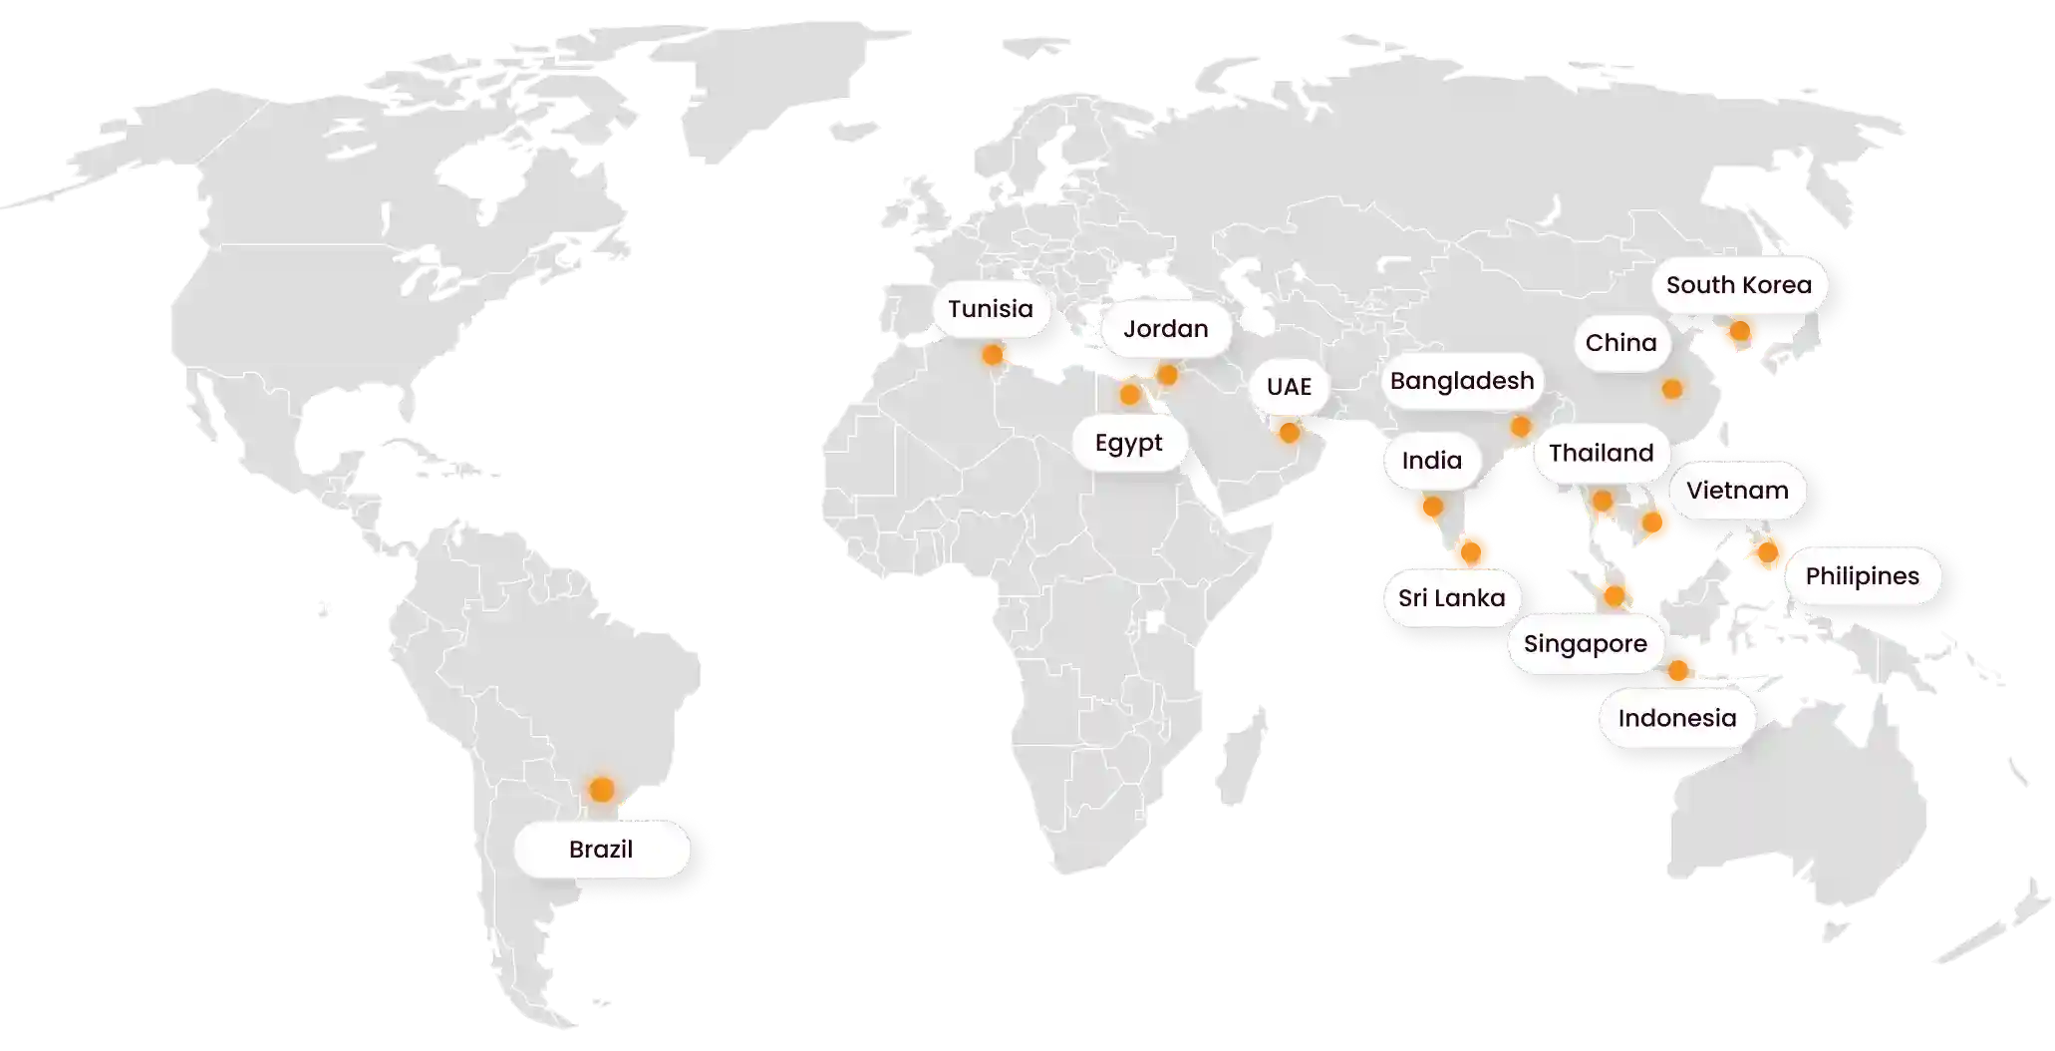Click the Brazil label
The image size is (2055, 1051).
click(x=601, y=850)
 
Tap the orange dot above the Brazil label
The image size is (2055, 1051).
click(x=601, y=790)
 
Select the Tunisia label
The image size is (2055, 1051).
click(x=990, y=309)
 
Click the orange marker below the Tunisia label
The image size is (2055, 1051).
click(x=993, y=355)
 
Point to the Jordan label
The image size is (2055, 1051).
click(x=1165, y=329)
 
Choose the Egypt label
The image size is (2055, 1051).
click(x=1128, y=443)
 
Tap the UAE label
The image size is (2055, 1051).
click(x=1289, y=387)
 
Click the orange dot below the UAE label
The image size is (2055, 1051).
click(x=1289, y=433)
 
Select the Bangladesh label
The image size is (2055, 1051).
click(x=1462, y=381)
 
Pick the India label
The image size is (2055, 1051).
click(x=1431, y=461)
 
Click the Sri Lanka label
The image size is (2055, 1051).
click(x=1451, y=598)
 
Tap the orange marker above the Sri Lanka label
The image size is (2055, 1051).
click(x=1472, y=549)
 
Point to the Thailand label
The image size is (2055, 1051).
click(x=1601, y=454)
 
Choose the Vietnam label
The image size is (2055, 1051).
click(x=1737, y=491)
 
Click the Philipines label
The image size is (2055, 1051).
click(x=1862, y=576)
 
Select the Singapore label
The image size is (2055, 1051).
click(x=1585, y=644)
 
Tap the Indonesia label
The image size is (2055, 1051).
click(x=1676, y=718)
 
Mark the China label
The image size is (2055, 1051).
click(x=1620, y=343)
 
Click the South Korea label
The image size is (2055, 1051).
click(x=1738, y=285)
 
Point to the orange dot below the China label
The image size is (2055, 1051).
click(x=1672, y=389)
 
